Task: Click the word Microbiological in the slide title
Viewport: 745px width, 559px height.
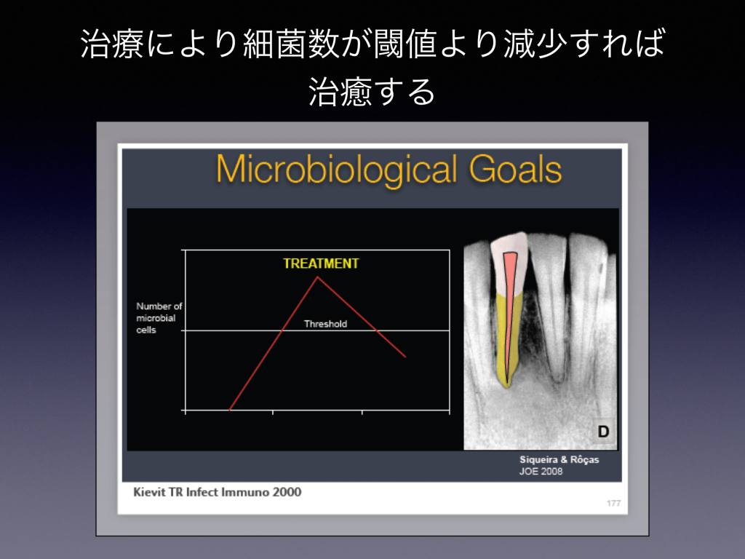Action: (337, 170)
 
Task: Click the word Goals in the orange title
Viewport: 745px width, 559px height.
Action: (516, 170)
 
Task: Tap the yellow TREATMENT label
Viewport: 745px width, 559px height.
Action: (321, 263)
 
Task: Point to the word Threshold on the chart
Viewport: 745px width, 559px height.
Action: (325, 324)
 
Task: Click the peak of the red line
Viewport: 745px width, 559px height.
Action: (318, 277)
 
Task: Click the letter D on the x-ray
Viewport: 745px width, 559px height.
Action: (603, 432)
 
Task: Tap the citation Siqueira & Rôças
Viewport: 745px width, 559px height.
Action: (559, 460)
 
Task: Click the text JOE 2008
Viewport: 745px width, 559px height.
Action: (541, 472)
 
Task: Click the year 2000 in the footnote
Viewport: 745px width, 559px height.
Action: (287, 492)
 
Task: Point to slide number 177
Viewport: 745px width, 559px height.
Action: (613, 504)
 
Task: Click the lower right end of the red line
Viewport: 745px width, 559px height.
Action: (405, 357)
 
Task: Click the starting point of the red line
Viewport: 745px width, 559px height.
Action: (230, 410)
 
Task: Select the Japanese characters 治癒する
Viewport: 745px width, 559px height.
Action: (372, 92)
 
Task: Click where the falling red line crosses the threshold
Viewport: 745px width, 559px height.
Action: (376, 330)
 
